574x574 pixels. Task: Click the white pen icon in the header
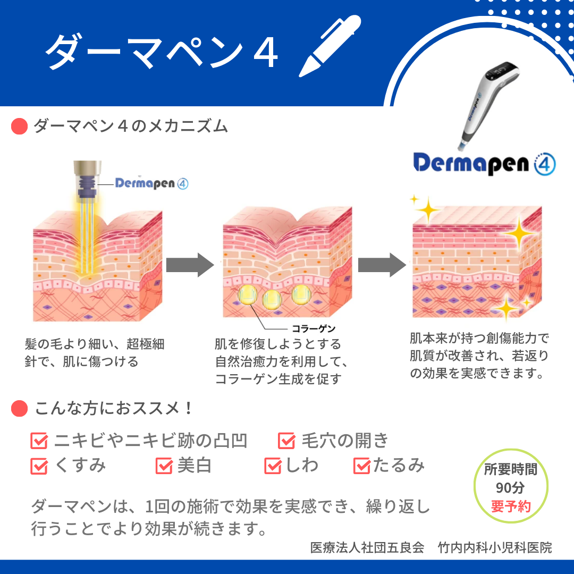pos(330,46)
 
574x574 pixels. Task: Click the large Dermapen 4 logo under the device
pos(484,164)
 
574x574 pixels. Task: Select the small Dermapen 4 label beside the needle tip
pos(151,183)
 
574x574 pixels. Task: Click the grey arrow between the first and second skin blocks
pos(190,265)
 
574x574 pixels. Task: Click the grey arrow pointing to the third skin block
pos(382,265)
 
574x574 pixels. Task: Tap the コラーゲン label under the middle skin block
pos(314,328)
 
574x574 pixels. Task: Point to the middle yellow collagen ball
pos(272,299)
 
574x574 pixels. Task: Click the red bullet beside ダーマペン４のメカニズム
pos(20,126)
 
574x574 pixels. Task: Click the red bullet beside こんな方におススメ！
pos(20,409)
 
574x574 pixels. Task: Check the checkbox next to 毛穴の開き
pos(286,441)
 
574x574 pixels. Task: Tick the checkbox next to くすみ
pos(39,466)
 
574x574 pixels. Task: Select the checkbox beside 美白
pos(164,466)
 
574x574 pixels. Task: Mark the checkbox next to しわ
pos(273,466)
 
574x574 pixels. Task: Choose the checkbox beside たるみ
pos(362,466)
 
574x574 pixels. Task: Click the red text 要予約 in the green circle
pos(511,507)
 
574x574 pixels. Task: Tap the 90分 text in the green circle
pos(510,487)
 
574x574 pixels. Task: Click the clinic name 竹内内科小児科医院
pos(495,547)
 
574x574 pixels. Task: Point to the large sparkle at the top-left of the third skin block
pos(427,210)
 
